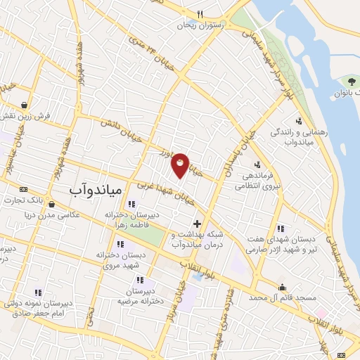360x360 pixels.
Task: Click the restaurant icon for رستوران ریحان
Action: (x=200, y=14)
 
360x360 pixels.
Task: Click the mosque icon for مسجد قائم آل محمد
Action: (x=282, y=287)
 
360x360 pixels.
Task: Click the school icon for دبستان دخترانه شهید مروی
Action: (x=120, y=244)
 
